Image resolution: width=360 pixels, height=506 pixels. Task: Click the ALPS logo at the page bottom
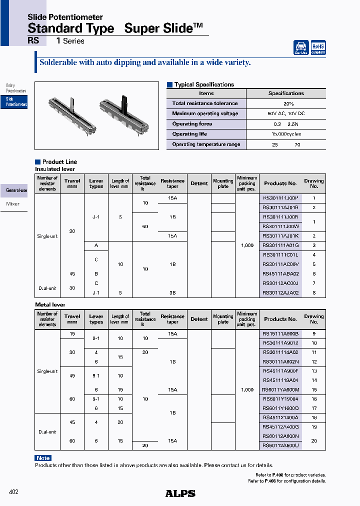click(180, 493)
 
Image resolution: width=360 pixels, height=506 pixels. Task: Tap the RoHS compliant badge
click(318, 47)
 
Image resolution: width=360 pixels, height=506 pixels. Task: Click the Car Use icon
click(301, 47)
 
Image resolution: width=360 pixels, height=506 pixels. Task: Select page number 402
click(13, 492)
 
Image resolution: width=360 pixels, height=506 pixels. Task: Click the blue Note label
click(43, 458)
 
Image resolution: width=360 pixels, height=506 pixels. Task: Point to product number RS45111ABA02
click(280, 273)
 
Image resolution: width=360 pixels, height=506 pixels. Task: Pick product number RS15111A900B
click(280, 333)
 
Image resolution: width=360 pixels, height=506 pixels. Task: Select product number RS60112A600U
click(280, 445)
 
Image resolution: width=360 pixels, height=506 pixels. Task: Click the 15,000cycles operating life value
click(286, 134)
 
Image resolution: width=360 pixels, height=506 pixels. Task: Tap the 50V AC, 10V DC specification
click(286, 113)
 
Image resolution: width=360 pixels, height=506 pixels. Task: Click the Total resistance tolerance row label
click(205, 103)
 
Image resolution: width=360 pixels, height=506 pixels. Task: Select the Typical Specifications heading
click(204, 84)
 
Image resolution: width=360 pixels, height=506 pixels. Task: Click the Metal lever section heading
click(50, 304)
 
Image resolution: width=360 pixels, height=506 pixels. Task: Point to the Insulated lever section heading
click(54, 169)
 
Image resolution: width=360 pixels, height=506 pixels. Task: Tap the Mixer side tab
click(13, 204)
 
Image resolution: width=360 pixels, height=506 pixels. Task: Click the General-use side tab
click(16, 190)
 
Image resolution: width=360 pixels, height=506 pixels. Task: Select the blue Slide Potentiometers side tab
click(16, 102)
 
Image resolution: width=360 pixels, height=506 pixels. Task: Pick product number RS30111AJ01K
click(280, 235)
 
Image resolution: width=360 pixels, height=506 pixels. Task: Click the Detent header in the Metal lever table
click(199, 319)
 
